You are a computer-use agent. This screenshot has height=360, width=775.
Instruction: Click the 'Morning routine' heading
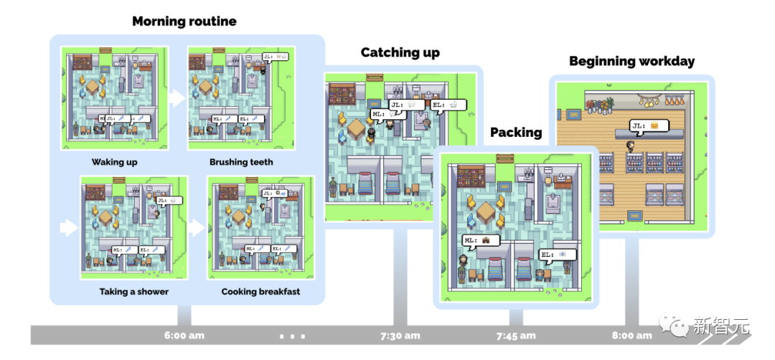click(184, 21)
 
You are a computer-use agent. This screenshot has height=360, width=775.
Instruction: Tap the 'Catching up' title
click(400, 52)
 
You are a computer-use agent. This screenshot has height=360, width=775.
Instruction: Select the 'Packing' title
click(516, 132)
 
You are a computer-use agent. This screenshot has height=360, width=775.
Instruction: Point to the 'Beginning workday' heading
click(631, 61)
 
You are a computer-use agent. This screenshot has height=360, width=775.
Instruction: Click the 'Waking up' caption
click(114, 162)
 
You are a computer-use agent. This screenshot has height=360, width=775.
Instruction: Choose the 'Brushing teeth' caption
click(241, 162)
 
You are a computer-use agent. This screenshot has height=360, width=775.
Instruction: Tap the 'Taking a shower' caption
click(134, 292)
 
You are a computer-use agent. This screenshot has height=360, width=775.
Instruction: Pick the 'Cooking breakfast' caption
click(260, 292)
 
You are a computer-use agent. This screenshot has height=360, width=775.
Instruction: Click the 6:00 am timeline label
click(184, 336)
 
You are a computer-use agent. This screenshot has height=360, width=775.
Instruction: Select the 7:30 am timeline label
click(400, 336)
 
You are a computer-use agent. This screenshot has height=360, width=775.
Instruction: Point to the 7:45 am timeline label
click(516, 336)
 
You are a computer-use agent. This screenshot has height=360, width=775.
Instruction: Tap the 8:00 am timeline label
click(631, 336)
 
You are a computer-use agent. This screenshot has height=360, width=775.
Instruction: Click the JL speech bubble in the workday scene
click(649, 125)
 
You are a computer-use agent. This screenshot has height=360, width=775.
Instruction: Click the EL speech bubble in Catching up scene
click(448, 105)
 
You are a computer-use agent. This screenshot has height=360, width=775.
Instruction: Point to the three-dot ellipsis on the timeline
click(292, 336)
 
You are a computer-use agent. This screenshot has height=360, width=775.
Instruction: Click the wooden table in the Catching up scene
click(357, 128)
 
